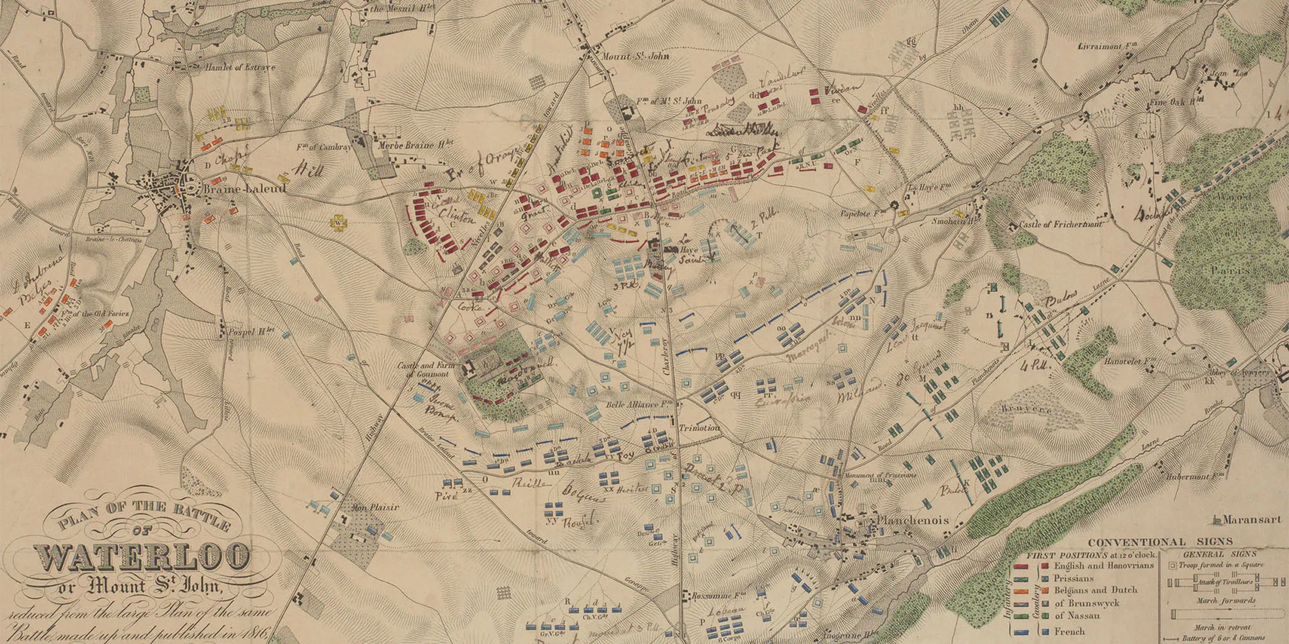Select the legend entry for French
[x=1069, y=631]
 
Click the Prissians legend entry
[x=1073, y=578]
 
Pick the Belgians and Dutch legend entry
[x=1095, y=590]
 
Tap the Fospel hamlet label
[x=252, y=330]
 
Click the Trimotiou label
[x=699, y=428]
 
